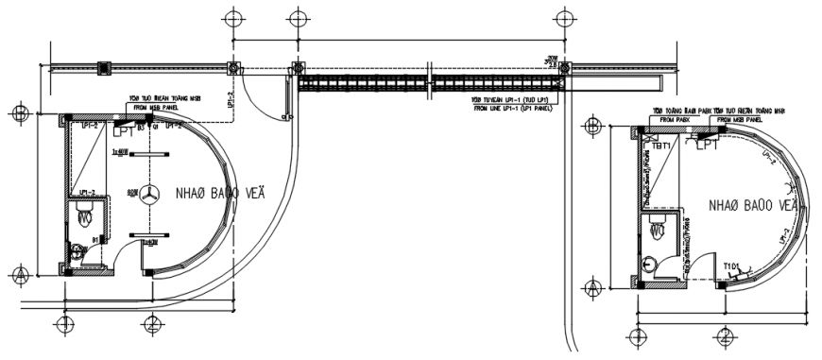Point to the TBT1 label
click(659, 146)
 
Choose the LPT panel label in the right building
click(708, 146)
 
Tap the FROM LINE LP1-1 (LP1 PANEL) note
click(515, 110)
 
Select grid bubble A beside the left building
click(20, 275)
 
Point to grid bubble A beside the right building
click(593, 288)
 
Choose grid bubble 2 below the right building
click(724, 336)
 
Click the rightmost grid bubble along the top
click(565, 17)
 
